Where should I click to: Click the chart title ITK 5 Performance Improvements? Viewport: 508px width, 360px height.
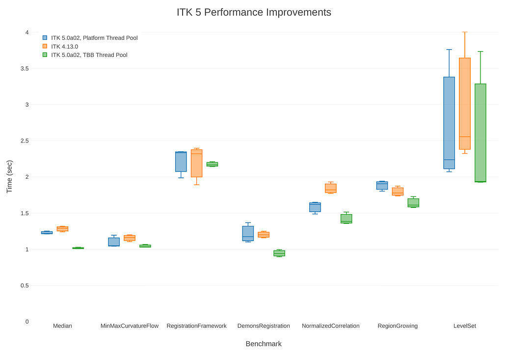(x=254, y=12)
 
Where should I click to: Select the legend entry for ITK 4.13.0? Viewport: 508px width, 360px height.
(x=64, y=46)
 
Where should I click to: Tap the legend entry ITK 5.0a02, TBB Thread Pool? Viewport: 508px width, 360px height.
(x=89, y=55)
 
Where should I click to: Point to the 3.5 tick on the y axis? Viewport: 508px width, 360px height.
(x=25, y=68)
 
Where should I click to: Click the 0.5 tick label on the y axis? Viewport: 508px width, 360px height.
(x=25, y=285)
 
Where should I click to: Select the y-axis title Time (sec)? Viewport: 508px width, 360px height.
(x=9, y=177)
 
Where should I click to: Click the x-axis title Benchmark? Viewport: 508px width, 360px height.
(x=264, y=344)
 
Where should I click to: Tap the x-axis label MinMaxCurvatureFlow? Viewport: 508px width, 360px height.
(x=130, y=326)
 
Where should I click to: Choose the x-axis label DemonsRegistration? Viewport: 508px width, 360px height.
(x=264, y=326)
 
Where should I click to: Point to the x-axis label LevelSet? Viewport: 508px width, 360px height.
(x=464, y=326)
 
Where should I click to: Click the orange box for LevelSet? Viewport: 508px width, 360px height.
(x=465, y=104)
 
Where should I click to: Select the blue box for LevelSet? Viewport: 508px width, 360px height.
(x=449, y=123)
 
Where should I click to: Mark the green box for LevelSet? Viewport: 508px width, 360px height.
(x=481, y=133)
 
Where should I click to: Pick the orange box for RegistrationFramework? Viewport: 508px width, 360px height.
(x=197, y=164)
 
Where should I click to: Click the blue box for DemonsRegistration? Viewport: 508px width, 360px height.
(x=248, y=233)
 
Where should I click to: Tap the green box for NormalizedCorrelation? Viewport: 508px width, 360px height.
(x=347, y=219)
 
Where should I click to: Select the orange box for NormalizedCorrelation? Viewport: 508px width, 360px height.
(x=331, y=188)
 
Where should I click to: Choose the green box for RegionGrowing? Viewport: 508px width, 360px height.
(x=413, y=203)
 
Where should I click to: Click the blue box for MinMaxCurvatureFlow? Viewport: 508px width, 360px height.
(x=114, y=242)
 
